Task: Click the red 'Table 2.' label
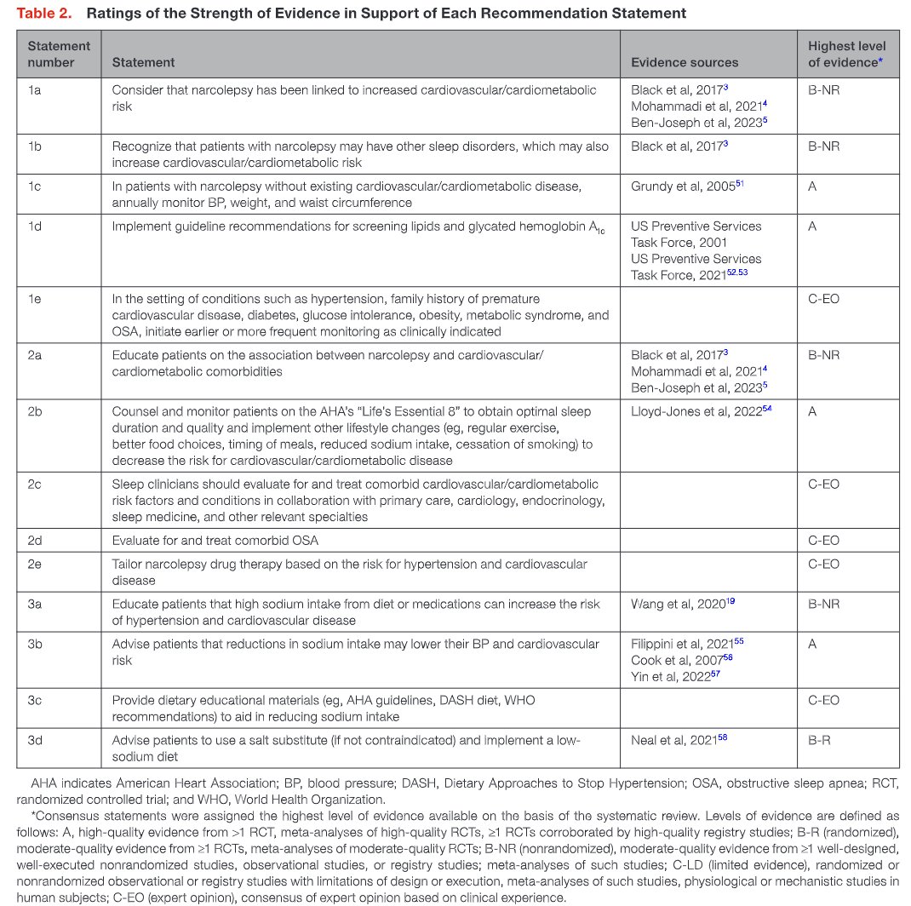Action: tap(46, 14)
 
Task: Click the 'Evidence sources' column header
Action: tap(685, 62)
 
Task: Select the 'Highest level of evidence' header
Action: tap(846, 54)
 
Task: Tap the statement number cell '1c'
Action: tap(35, 186)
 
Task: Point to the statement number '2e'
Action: tap(35, 564)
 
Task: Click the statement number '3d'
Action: tap(35, 740)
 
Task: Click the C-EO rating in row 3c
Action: tap(823, 700)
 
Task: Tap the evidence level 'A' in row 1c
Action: tap(812, 186)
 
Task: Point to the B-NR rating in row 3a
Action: tap(823, 604)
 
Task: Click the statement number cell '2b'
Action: tap(35, 411)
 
